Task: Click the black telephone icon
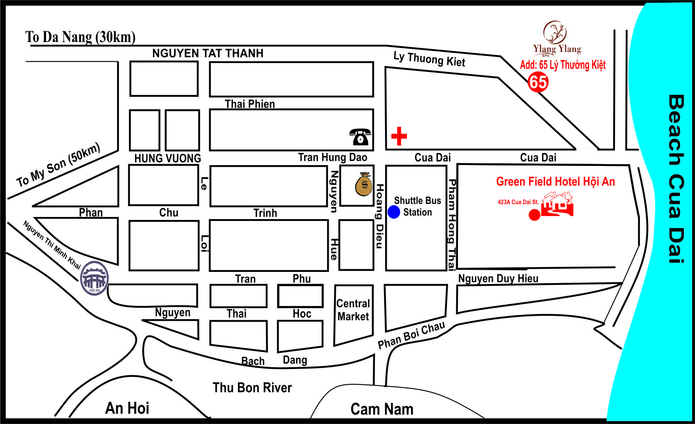360,137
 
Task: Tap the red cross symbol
399,136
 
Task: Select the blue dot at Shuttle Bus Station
394,212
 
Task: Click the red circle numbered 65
538,82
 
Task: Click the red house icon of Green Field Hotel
557,204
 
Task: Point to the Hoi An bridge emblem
94,278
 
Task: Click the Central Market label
353,310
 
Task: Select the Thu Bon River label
252,387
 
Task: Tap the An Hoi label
127,408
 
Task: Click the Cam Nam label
381,409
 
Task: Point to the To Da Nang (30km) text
80,37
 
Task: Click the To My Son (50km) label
58,166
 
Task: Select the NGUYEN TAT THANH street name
208,53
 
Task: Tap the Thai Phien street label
250,104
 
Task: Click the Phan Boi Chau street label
411,335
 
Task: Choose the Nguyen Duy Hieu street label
498,278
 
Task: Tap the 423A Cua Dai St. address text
518,202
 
